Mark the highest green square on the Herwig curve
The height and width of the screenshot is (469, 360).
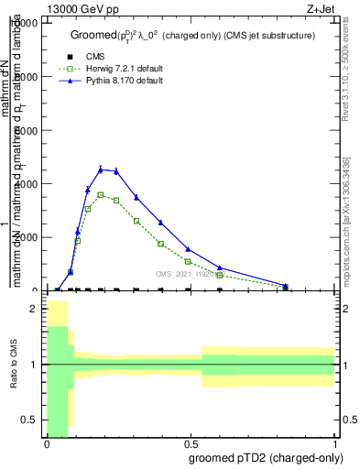coord(101,194)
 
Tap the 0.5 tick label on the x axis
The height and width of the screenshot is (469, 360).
coord(191,443)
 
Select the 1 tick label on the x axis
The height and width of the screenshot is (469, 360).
coord(335,443)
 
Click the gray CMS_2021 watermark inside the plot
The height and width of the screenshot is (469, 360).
coord(184,273)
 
